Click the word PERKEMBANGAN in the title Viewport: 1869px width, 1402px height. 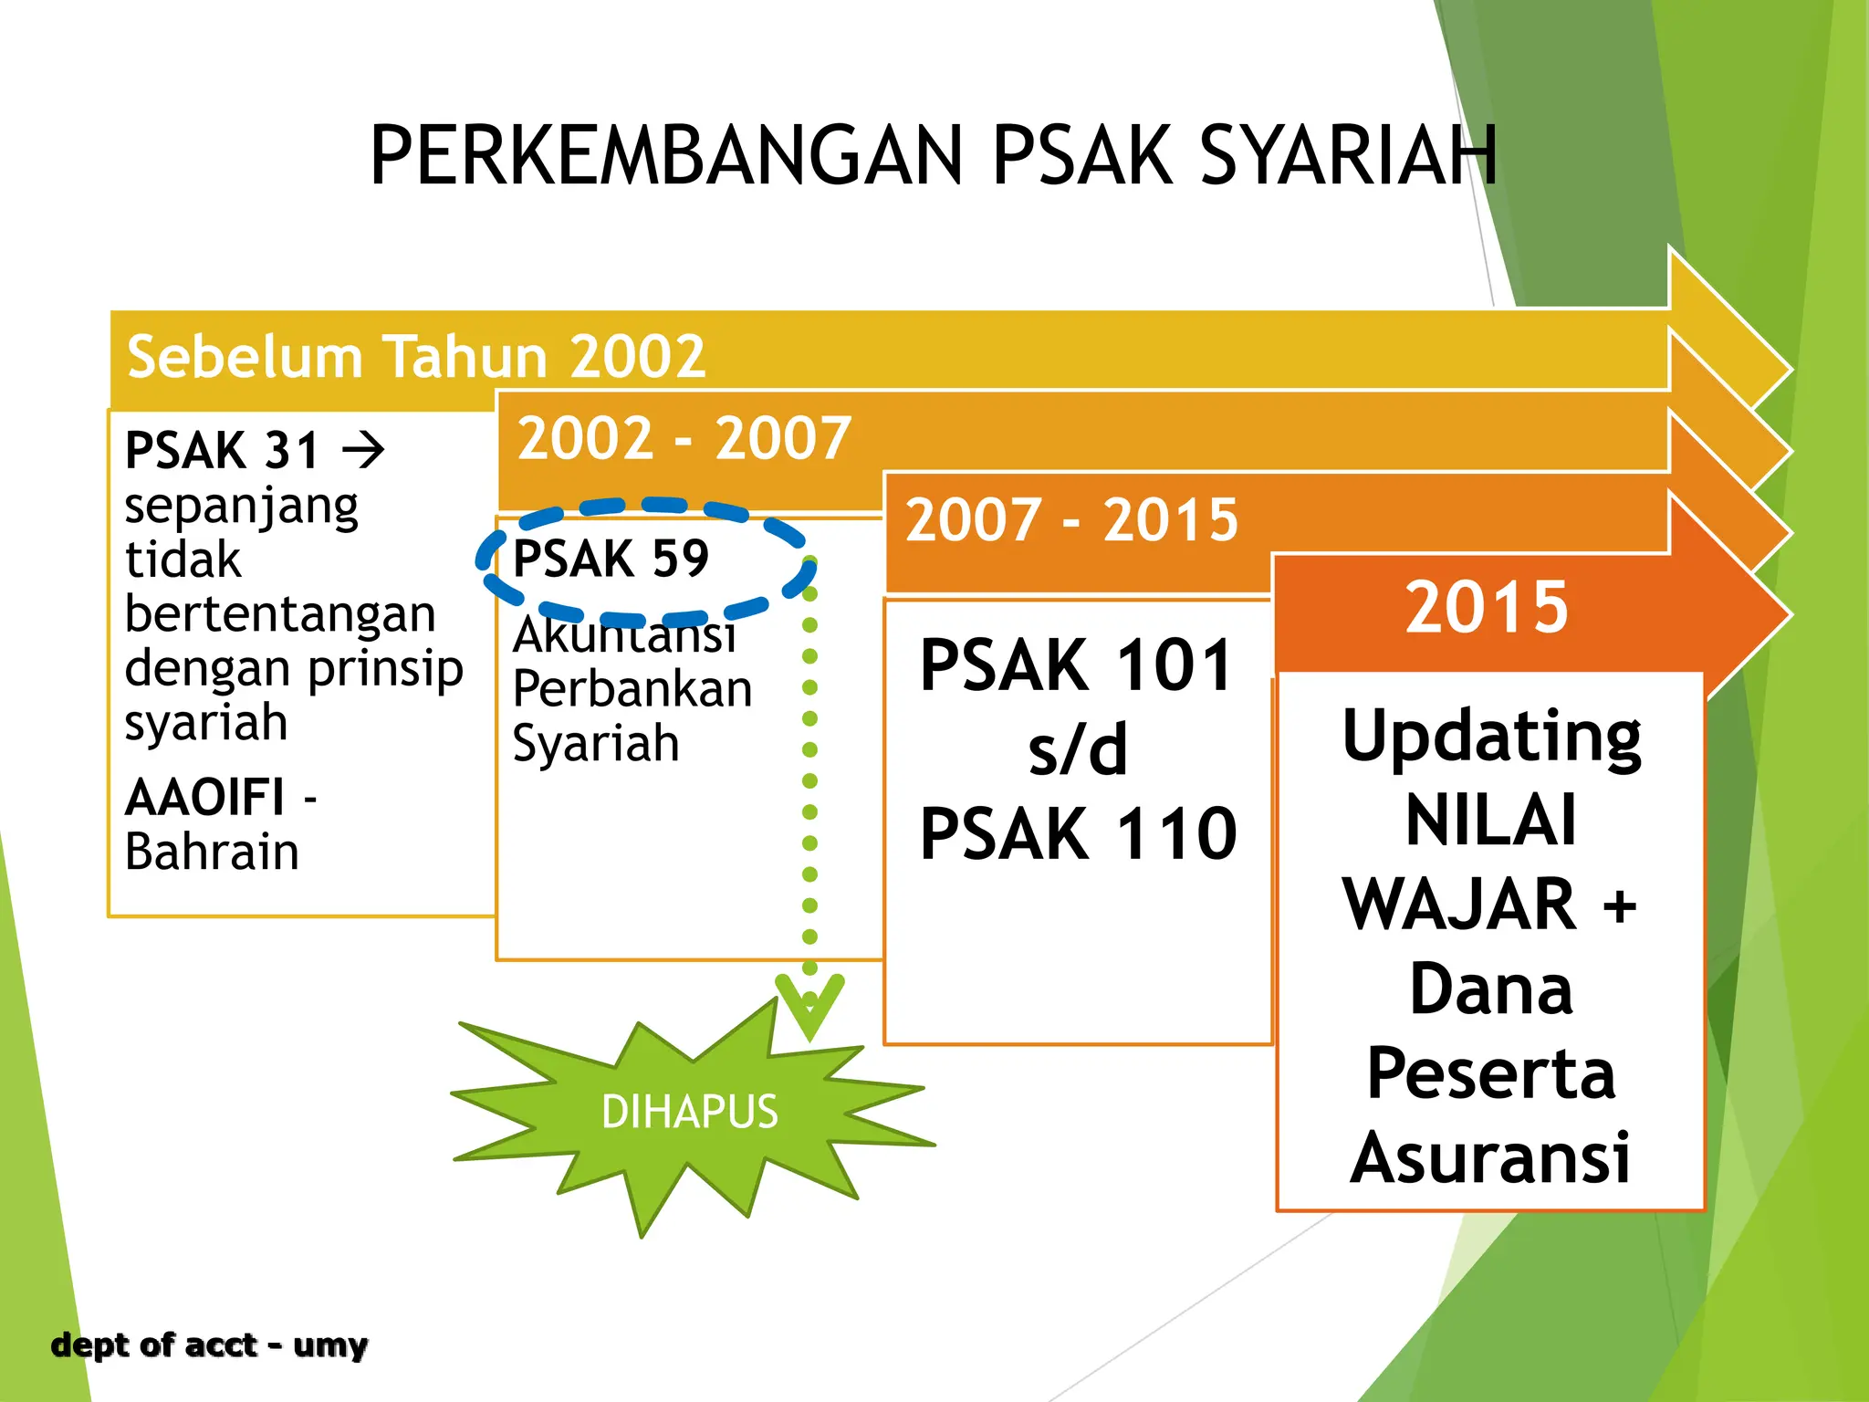[666, 155]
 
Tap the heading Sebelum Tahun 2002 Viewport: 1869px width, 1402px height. [416, 356]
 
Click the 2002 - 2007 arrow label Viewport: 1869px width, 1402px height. [684, 438]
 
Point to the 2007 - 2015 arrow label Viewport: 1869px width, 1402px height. [1071, 520]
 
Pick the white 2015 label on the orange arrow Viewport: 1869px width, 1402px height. [1487, 607]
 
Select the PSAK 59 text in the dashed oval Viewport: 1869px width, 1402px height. [611, 559]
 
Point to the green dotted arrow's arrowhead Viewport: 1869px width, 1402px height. [809, 1009]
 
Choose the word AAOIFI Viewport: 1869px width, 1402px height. [205, 798]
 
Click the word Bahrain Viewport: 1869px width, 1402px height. [212, 853]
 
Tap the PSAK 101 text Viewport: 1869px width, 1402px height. [1077, 665]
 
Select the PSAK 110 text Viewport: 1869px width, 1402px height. [1078, 833]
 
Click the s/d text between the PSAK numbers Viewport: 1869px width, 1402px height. [1078, 749]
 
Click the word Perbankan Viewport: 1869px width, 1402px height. [632, 689]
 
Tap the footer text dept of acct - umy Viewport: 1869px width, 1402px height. [209, 1345]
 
